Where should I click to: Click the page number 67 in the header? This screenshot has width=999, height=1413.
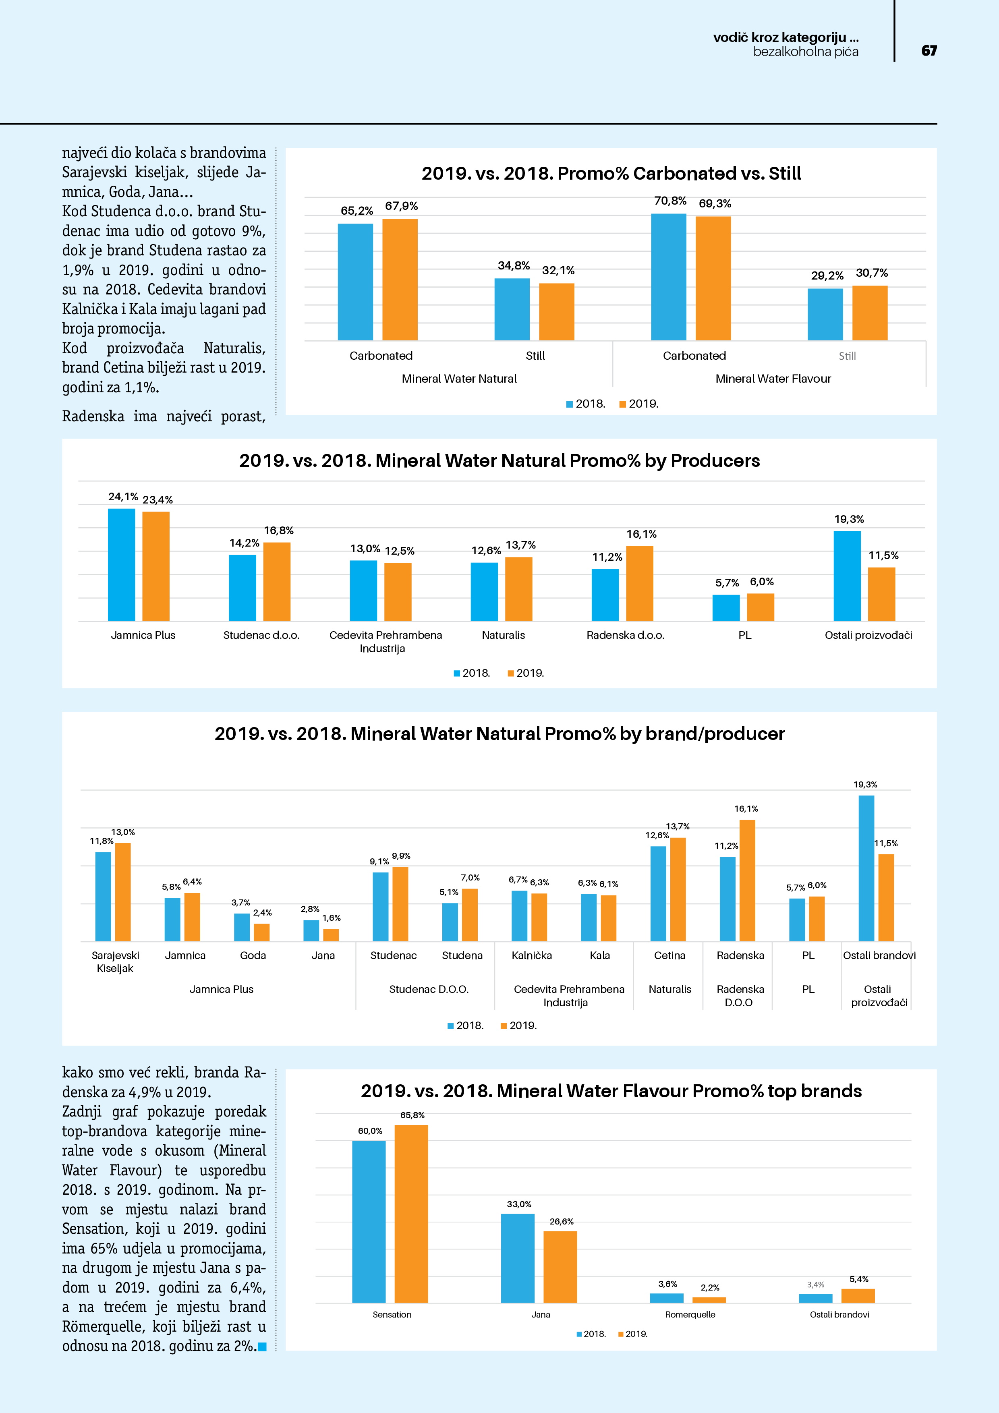pyautogui.click(x=929, y=50)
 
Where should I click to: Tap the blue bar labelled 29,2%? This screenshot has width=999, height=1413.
pyautogui.click(x=825, y=315)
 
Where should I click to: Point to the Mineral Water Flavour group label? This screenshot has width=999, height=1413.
pyautogui.click(x=773, y=379)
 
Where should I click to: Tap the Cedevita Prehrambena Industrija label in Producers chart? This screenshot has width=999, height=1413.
pyautogui.click(x=386, y=641)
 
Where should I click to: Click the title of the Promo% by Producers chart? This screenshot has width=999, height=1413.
pyautogui.click(x=499, y=460)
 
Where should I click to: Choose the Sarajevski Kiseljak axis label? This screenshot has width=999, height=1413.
pyautogui.click(x=115, y=961)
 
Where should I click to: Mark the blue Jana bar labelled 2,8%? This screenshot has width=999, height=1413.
pyautogui.click(x=311, y=930)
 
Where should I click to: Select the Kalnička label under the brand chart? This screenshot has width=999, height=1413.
pyautogui.click(x=531, y=955)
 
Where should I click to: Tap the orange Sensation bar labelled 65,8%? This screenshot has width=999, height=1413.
pyautogui.click(x=411, y=1214)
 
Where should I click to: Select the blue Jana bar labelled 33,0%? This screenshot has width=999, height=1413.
pyautogui.click(x=518, y=1258)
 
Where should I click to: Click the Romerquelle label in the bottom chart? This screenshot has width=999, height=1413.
pyautogui.click(x=690, y=1315)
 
